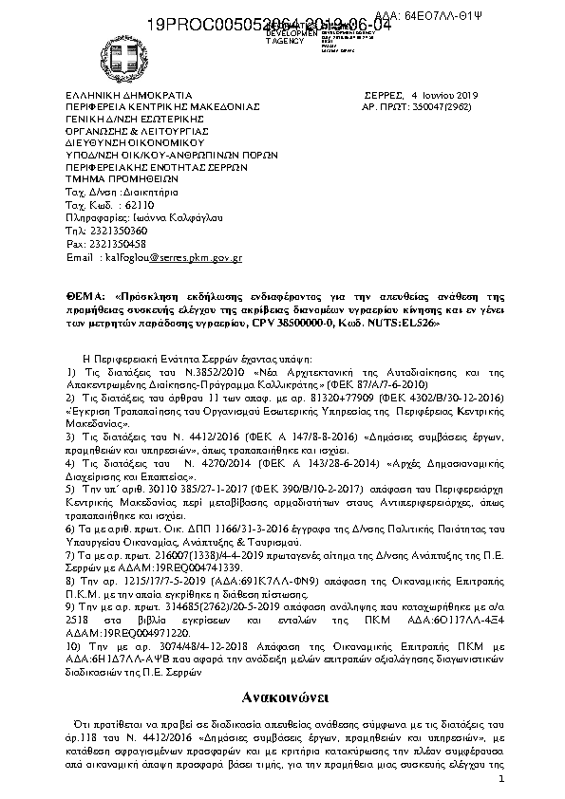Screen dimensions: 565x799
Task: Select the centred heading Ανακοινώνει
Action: tap(282, 698)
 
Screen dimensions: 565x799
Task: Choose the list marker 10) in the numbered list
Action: tap(75, 643)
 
